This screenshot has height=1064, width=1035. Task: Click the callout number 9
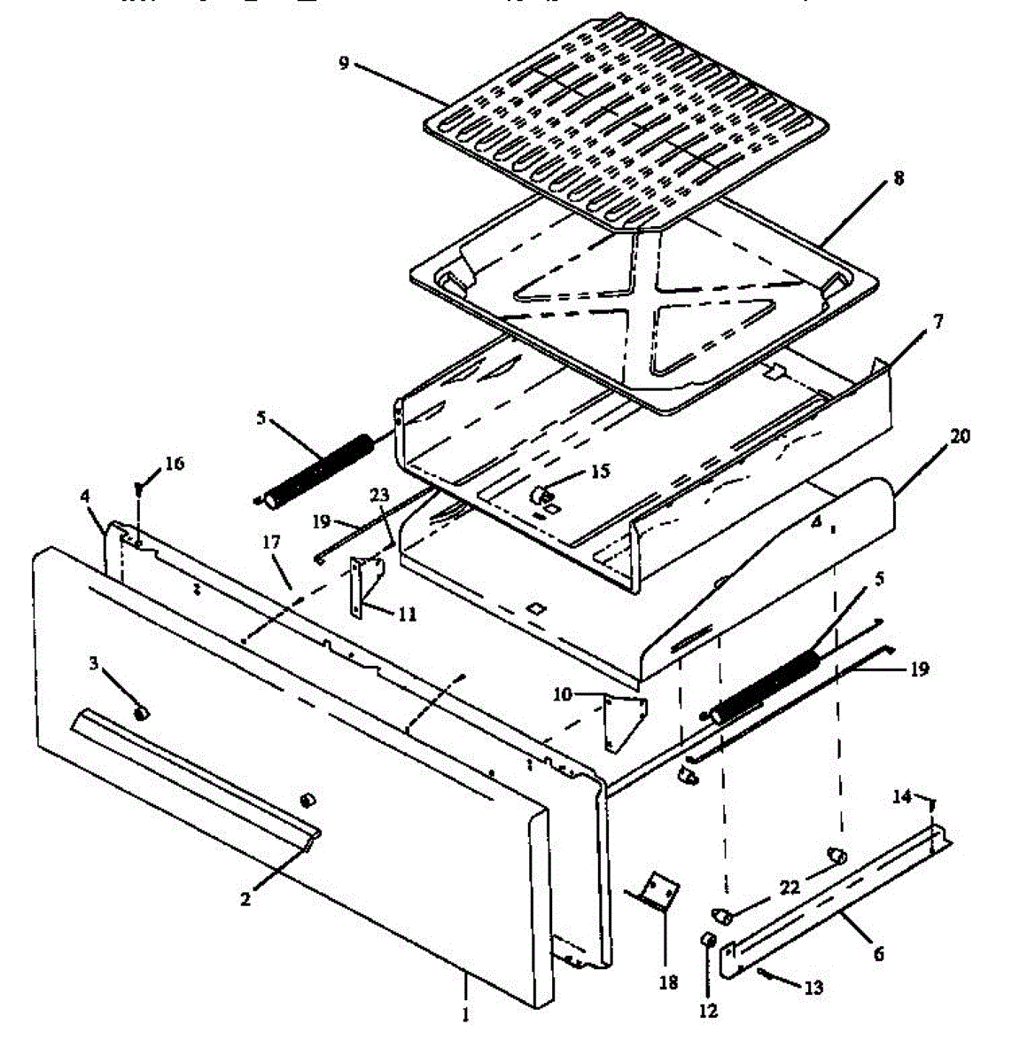[x=344, y=64]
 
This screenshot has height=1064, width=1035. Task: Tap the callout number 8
[x=899, y=178]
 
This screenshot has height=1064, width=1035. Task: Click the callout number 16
[x=175, y=463]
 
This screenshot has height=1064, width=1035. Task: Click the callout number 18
[x=668, y=982]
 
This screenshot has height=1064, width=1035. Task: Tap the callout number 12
[x=708, y=1011]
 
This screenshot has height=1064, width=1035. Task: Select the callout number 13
[x=813, y=988]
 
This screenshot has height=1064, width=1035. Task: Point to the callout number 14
[x=901, y=797]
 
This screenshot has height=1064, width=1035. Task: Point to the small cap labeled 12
[x=709, y=940]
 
